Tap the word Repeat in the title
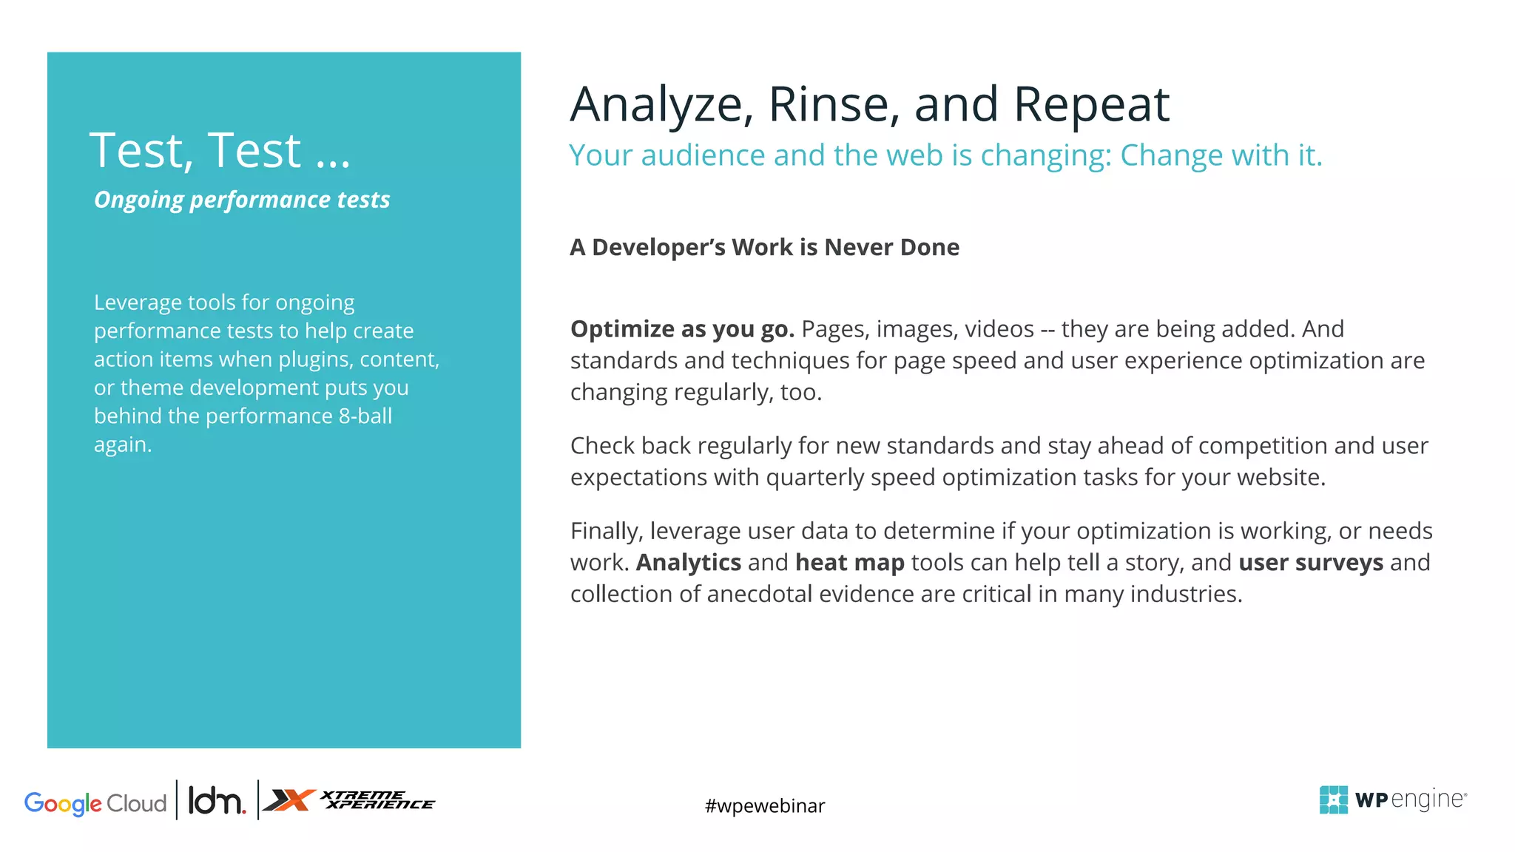[x=1091, y=104]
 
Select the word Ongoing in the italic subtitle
[x=138, y=200]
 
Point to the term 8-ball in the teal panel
[x=365, y=416]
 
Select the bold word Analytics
[x=689, y=563]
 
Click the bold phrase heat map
[x=850, y=563]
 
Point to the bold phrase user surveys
[x=1311, y=563]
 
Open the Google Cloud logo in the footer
[x=95, y=803]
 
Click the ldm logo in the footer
[x=217, y=801]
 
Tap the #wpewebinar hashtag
[x=765, y=805]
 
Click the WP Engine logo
[x=1393, y=799]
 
